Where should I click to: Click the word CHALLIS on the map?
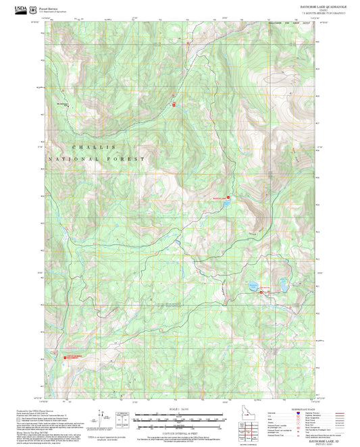pyautogui.click(x=94, y=147)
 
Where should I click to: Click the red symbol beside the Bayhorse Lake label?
pyautogui.click(x=228, y=197)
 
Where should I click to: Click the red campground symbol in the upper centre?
pyautogui.click(x=174, y=105)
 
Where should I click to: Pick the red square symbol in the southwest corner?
pyautogui.click(x=65, y=355)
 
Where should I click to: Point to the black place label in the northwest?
pyautogui.click(x=62, y=103)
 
